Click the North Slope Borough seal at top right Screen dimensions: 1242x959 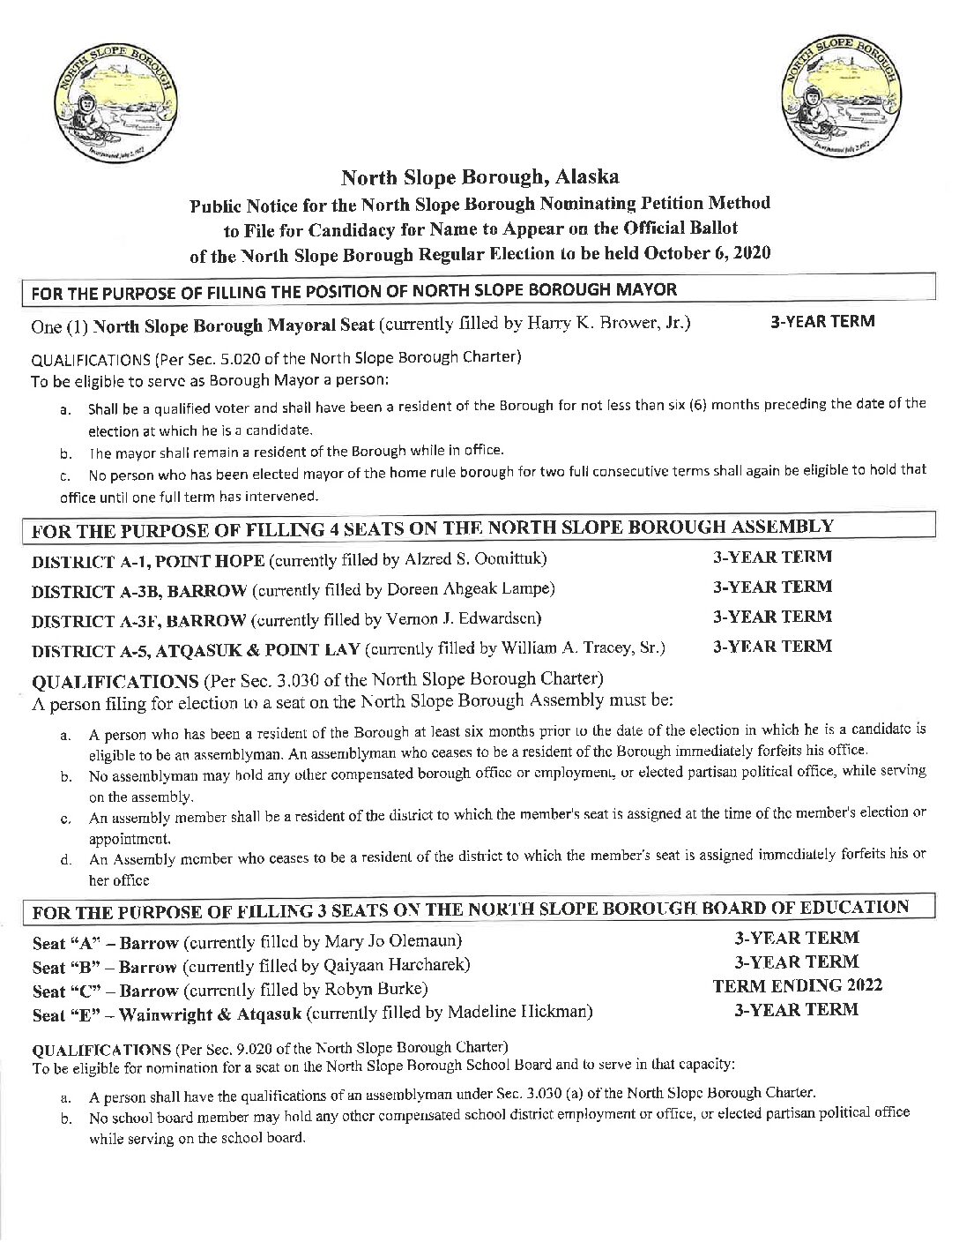coord(841,99)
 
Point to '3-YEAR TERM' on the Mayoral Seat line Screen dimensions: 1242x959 coord(821,321)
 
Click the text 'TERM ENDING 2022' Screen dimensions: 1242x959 coord(797,985)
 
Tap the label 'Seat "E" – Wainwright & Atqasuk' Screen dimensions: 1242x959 coord(167,1014)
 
